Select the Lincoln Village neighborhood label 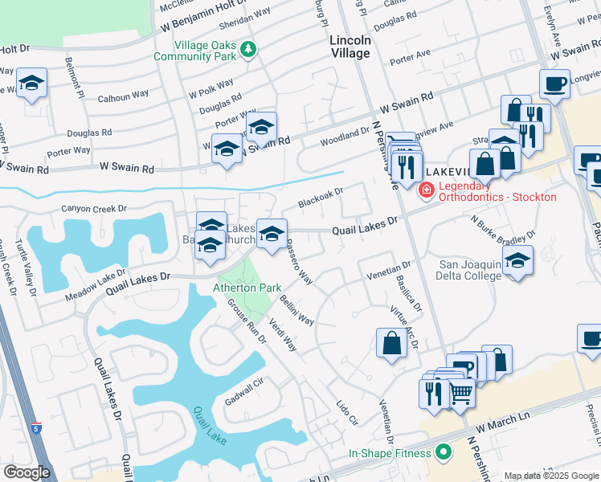[x=350, y=47]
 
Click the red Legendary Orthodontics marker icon [x=426, y=190]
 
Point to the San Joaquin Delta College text [x=470, y=269]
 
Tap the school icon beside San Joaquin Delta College [x=517, y=262]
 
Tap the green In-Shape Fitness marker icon [x=443, y=453]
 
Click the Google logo [x=26, y=472]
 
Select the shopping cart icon [x=460, y=393]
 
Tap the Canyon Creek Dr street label [x=94, y=209]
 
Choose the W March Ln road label [x=504, y=419]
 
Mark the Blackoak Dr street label [x=321, y=197]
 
